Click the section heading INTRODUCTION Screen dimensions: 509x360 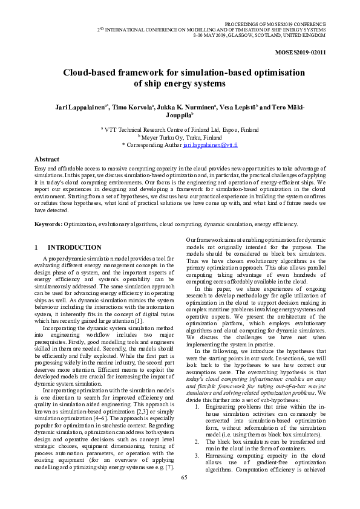coord(74,248)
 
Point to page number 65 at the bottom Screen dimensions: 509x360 coord(185,494)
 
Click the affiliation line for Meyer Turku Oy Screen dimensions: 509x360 coord(180,137)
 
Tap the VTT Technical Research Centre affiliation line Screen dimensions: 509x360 coord(180,129)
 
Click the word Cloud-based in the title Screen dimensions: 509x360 coord(90,73)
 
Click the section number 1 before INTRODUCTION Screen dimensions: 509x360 coord(36,248)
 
